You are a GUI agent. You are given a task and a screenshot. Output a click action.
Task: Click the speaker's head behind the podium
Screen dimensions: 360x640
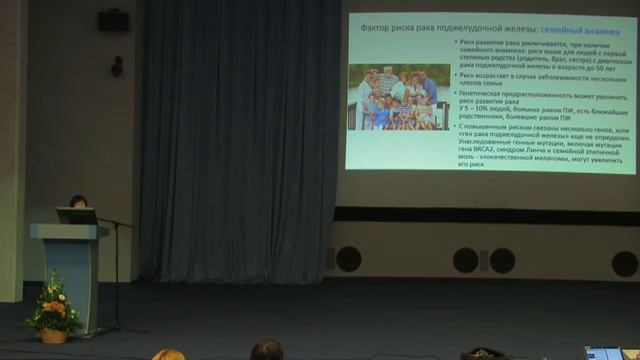coord(78,201)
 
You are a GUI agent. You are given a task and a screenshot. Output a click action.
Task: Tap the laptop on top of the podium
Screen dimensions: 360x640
coord(76,215)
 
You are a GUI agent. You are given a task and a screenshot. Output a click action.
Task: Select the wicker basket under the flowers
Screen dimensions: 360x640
coord(53,335)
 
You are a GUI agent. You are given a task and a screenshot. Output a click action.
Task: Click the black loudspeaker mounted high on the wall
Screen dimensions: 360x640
coord(113,19)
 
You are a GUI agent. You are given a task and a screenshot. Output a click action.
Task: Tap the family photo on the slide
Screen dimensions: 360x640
coord(398,97)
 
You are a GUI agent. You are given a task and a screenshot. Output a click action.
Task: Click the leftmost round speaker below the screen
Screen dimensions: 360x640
coord(348,259)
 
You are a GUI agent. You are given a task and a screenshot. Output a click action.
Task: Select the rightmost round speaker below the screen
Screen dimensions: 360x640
coord(625,263)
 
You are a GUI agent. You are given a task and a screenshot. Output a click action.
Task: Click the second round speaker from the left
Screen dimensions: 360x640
coord(466,260)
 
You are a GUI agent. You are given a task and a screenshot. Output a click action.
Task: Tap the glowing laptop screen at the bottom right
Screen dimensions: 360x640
coord(604,353)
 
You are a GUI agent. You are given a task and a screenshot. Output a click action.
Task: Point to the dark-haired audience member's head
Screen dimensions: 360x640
coord(266,350)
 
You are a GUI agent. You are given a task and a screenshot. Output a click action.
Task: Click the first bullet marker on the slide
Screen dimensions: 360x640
coord(456,42)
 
